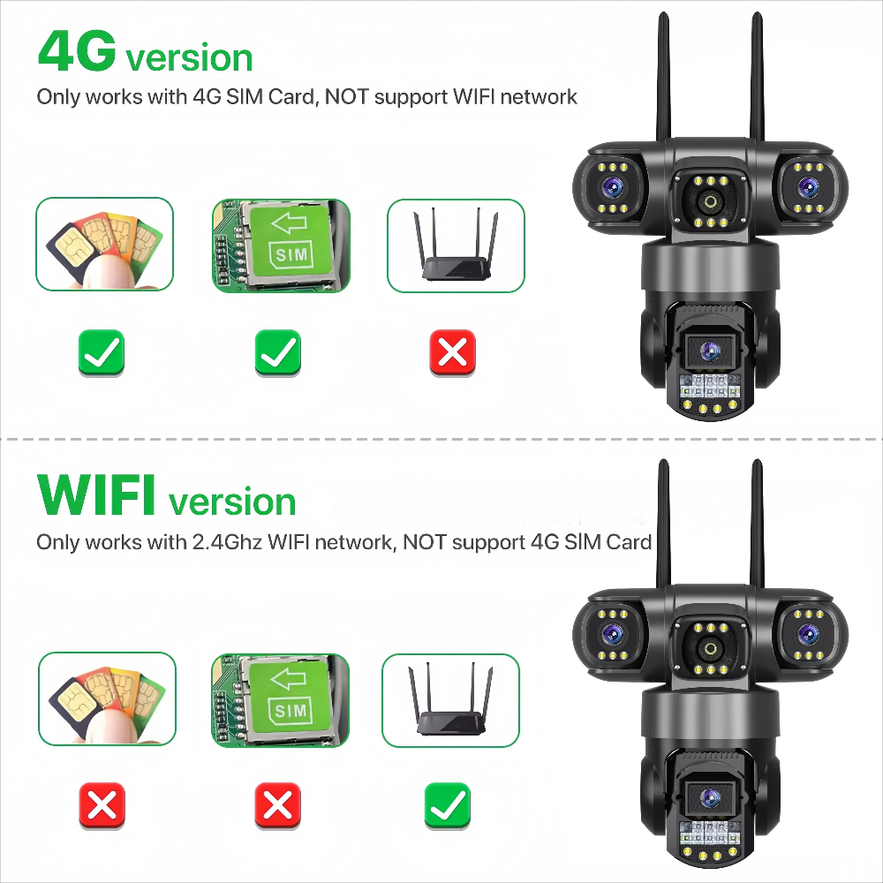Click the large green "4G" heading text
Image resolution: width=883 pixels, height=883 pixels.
76,52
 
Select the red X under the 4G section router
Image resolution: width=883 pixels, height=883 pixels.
452,353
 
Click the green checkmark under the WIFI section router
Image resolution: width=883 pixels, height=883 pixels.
448,804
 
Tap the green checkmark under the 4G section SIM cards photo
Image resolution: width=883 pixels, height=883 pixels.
102,353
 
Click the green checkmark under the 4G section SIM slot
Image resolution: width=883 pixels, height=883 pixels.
278,353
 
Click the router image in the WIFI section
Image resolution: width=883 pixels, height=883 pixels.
450,700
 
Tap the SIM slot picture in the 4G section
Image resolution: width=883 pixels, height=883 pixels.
281,245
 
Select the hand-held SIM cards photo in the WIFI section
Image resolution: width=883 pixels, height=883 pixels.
107,700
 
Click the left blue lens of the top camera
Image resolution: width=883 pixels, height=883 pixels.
612,186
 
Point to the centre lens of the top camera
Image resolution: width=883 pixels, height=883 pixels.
710,202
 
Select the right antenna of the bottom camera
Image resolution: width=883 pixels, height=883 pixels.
757,521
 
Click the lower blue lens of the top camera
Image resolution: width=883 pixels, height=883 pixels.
708,351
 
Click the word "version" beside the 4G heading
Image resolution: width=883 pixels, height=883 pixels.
189,58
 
